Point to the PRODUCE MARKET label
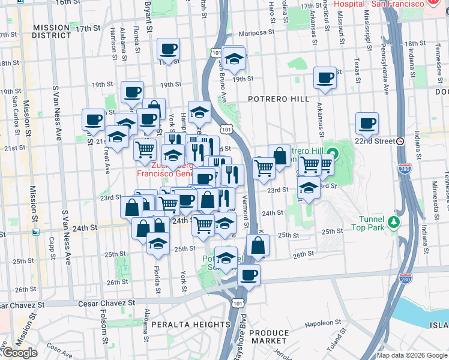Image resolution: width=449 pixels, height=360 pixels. [269, 337]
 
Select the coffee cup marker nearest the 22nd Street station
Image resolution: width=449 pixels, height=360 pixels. [367, 124]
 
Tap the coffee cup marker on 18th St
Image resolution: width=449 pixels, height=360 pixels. [169, 49]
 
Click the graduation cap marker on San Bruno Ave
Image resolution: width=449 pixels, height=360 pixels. [234, 58]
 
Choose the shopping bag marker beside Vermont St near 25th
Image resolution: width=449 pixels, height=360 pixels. [258, 245]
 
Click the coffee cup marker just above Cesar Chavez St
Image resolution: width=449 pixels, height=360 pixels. [249, 275]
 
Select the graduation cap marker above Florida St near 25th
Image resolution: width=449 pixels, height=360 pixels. [158, 242]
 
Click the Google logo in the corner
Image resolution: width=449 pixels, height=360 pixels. [20, 353]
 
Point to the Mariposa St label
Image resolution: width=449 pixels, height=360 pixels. [256, 34]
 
